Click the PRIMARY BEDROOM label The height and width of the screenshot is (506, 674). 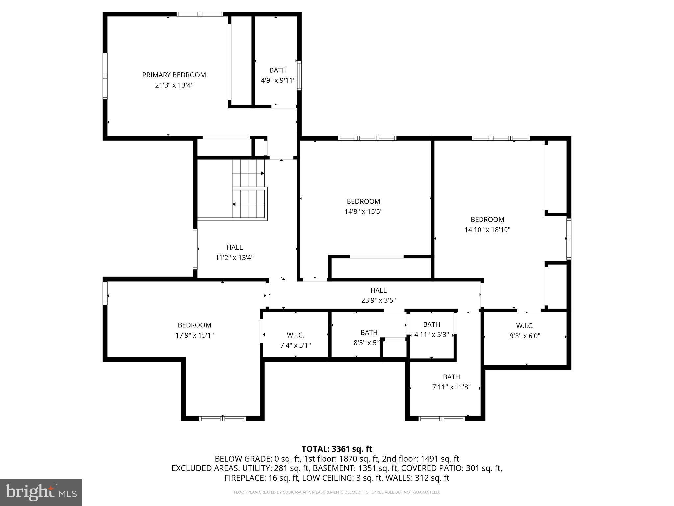pos(174,75)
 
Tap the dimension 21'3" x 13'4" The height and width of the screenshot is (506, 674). pos(174,85)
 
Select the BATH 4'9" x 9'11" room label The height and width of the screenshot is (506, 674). pos(278,70)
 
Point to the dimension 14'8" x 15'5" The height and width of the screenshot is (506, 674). pos(363,211)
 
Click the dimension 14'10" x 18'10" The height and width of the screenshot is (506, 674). pos(487,230)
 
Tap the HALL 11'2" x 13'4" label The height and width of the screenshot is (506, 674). pos(234,247)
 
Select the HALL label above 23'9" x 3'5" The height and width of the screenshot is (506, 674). pos(378,290)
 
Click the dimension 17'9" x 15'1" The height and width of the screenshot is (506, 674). pos(194,335)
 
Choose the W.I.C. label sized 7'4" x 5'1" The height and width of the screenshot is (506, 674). pos(295,335)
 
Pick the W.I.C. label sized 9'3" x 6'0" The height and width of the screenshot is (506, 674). pos(525,326)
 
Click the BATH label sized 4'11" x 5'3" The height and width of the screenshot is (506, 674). pos(431,324)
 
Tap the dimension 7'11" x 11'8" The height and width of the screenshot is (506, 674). pos(451,387)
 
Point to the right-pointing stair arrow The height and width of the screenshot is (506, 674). pos(262,173)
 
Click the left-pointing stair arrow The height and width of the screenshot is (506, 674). pos(234,204)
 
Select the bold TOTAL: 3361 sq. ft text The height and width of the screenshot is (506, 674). pos(337,449)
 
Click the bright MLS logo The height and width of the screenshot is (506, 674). pos(41,492)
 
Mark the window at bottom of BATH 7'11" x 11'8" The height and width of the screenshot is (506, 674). pos(441,419)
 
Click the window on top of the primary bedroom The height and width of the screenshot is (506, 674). pos(200,14)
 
